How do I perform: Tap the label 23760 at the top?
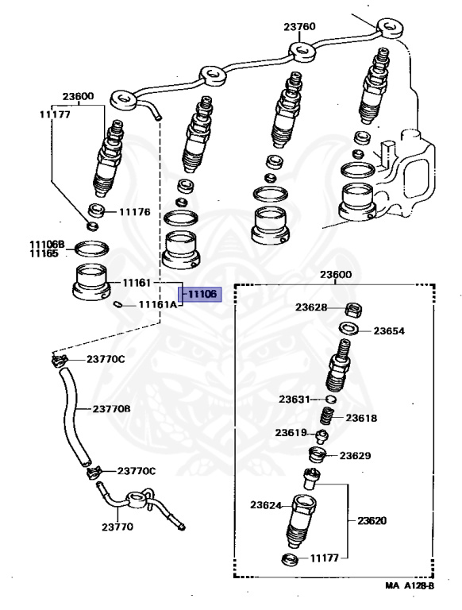[x=299, y=26]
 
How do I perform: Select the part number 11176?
[x=135, y=212]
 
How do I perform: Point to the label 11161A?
[x=158, y=304]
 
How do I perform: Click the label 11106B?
[x=47, y=245]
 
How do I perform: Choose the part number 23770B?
[x=111, y=409]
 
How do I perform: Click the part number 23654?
[x=389, y=330]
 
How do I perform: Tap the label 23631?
[x=295, y=400]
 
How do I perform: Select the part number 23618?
[x=361, y=418]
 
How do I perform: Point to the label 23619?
[x=291, y=432]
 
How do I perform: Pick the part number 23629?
[x=355, y=455]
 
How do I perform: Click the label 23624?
[x=266, y=505]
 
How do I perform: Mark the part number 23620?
[x=372, y=520]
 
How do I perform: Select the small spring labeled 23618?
[x=327, y=418]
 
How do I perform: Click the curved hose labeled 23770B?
[x=74, y=416]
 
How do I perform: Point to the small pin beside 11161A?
[x=117, y=305]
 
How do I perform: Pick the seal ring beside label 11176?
[x=96, y=210]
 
